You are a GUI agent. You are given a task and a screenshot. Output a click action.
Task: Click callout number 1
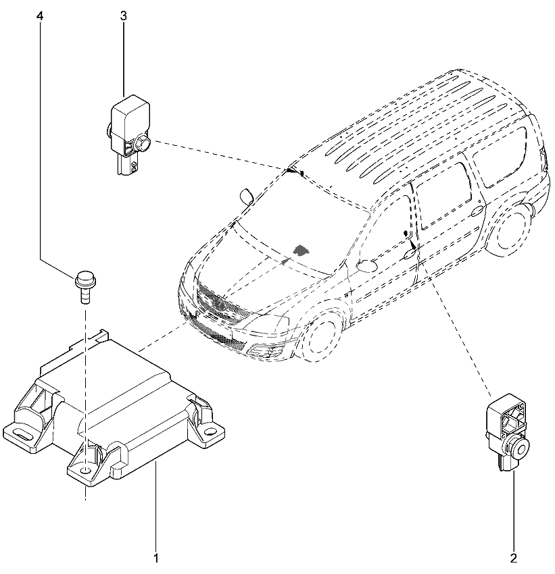[156, 558]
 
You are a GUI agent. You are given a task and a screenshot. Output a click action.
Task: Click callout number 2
[514, 558]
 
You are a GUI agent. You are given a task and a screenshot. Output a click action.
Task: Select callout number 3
[124, 16]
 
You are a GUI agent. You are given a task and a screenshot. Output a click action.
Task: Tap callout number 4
[40, 16]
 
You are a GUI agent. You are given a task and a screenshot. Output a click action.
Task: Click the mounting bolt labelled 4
[85, 286]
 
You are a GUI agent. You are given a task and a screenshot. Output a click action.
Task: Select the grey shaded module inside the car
[300, 250]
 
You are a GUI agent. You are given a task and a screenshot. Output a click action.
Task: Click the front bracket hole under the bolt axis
[85, 470]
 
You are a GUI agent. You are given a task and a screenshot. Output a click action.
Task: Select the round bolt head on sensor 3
[143, 143]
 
